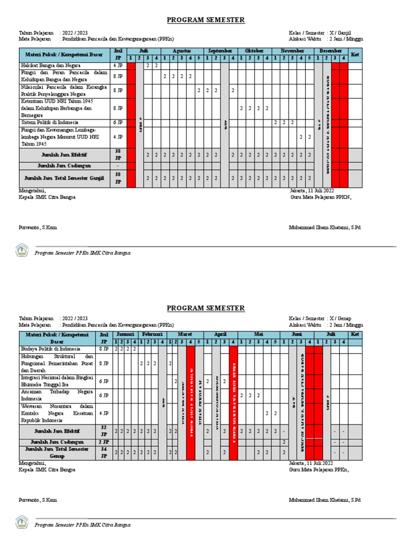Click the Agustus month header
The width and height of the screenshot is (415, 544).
tap(181, 50)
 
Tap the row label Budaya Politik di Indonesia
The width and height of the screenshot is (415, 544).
tap(50, 349)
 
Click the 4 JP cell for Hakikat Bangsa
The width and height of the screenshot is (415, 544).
tap(118, 65)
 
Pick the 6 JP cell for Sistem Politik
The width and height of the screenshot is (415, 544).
tap(118, 123)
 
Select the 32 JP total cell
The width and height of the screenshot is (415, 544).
tap(103, 431)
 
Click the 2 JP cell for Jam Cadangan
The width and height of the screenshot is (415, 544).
tap(103, 442)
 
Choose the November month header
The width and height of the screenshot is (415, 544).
tap(292, 50)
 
